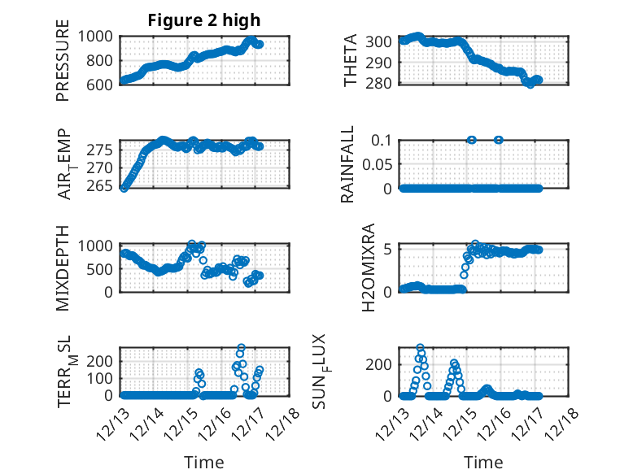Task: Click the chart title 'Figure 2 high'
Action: [204, 20]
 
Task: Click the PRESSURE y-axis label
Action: [63, 59]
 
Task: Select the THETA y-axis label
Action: [351, 59]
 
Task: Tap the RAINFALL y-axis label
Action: [347, 164]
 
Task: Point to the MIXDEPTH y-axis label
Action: [63, 268]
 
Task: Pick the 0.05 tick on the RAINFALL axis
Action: [377, 164]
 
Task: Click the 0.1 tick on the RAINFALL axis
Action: [382, 140]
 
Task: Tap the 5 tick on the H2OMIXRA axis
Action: [390, 249]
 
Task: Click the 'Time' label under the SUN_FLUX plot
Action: [483, 463]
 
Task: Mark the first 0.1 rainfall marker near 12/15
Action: [470, 140]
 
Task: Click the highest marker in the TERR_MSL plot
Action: [241, 348]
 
